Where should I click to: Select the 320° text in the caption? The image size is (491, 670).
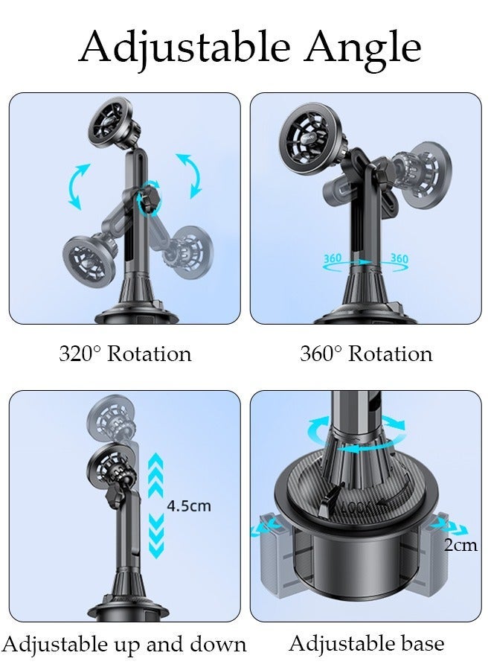click(80, 354)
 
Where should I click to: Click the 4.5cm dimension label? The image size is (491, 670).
click(188, 506)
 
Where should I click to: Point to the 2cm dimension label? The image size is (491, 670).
click(460, 545)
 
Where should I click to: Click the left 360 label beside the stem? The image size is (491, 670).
click(333, 258)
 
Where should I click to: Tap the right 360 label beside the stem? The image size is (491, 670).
click(399, 258)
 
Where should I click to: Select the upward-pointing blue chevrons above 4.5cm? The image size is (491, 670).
click(155, 474)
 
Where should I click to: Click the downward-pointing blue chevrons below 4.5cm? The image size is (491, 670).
click(155, 539)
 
